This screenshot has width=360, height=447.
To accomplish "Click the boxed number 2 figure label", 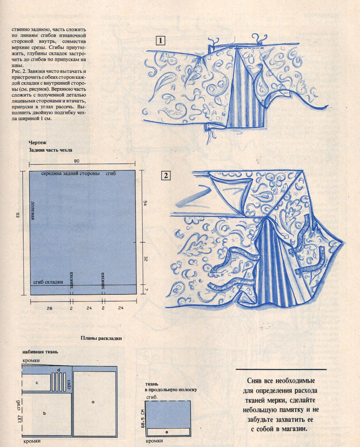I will coord(166,176).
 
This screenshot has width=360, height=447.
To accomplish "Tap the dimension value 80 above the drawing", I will coord(77,161).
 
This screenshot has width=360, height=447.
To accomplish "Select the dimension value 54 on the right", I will coord(144,203).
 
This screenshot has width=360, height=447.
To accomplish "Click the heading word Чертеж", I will coord(38,143).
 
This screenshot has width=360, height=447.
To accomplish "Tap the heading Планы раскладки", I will coord(101,338).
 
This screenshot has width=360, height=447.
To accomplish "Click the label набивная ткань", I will coord(40,352).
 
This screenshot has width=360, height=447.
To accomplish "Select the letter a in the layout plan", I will coord(93,401).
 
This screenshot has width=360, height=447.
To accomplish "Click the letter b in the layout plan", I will coord(45,413).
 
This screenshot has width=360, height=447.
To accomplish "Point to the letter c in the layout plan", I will coord(37,383).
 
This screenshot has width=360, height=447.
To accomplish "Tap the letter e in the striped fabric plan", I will coord(167,431).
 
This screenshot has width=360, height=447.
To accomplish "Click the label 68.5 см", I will coord(142,418).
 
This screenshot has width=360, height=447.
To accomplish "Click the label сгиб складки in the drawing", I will coord(48,282).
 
